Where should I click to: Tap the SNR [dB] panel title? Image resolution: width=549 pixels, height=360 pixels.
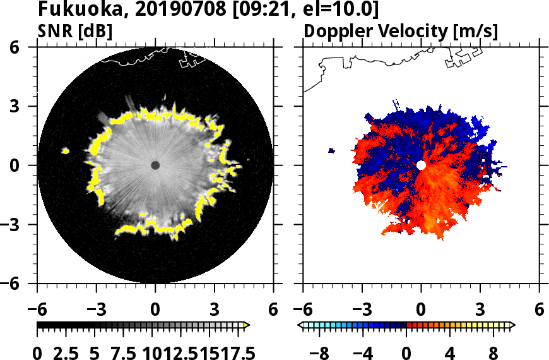click(76, 31)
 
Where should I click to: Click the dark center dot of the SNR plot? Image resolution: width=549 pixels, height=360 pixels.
click(155, 165)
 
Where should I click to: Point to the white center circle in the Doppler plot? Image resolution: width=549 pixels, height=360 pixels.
click(421, 165)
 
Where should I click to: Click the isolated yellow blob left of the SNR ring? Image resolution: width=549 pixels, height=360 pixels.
click(65, 151)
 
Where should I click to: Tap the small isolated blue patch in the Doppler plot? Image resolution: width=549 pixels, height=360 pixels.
click(332, 150)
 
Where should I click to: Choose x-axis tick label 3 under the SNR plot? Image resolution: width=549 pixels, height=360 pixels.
click(215, 310)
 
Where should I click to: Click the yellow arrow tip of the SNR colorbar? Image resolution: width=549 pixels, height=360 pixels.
click(247, 325)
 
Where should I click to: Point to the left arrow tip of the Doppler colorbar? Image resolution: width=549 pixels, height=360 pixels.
click(300, 325)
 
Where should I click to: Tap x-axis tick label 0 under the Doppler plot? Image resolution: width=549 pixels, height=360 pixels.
click(421, 310)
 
